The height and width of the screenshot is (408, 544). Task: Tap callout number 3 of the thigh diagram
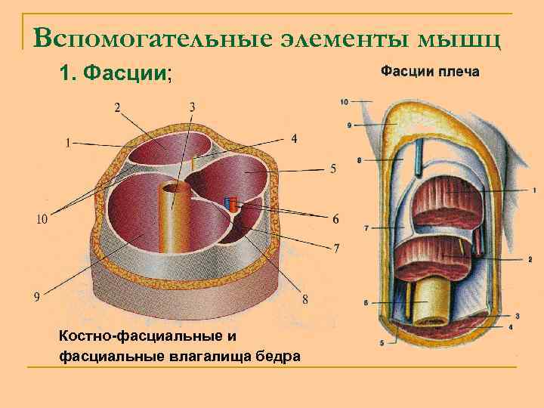tap(192, 107)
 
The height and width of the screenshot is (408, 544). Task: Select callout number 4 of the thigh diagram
tap(294, 138)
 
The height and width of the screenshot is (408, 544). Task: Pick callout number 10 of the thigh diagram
tap(43, 219)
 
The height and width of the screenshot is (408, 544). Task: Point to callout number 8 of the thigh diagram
tap(304, 298)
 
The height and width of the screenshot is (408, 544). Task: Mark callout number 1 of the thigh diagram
tap(69, 141)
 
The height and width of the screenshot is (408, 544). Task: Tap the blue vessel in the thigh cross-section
tap(228, 203)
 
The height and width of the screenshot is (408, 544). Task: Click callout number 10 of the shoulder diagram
tap(345, 100)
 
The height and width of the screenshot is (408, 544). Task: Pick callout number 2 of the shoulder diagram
tap(530, 259)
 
